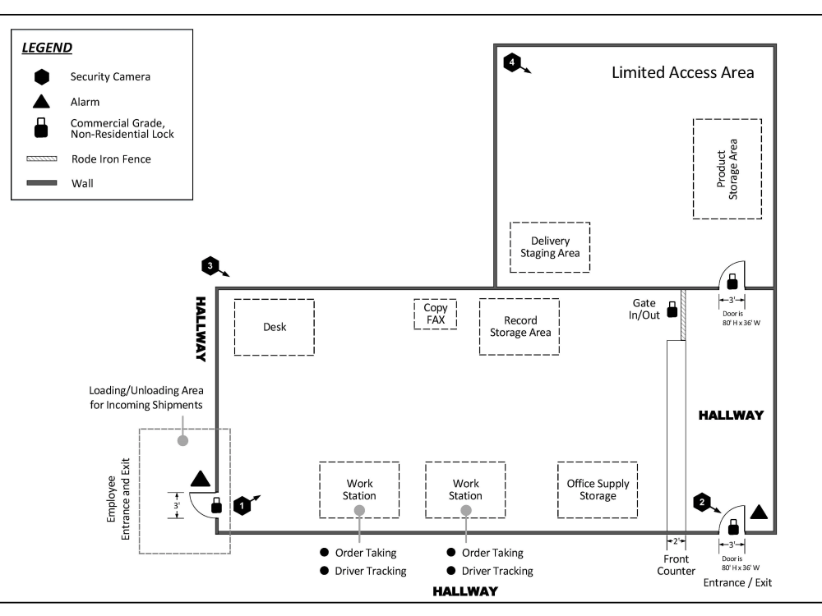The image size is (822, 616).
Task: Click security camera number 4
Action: (x=512, y=62)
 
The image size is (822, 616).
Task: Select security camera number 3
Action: (x=210, y=266)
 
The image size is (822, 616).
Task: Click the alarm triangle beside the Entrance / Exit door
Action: (x=760, y=513)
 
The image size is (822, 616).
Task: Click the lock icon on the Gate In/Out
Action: (x=672, y=310)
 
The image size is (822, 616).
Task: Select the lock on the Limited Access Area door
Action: (x=732, y=280)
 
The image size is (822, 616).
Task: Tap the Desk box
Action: (x=274, y=327)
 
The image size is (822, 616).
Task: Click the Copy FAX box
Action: (x=435, y=314)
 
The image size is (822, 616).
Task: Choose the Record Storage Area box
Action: (x=520, y=327)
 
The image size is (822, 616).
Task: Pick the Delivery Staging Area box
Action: (x=550, y=247)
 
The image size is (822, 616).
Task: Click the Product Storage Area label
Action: (x=727, y=168)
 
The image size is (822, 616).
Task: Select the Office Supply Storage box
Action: (x=598, y=490)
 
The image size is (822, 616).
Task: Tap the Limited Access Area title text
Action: (x=682, y=72)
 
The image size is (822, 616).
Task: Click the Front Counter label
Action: (x=676, y=566)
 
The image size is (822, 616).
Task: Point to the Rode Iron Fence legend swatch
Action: (x=41, y=159)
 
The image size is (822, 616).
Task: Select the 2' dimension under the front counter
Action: (x=676, y=542)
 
